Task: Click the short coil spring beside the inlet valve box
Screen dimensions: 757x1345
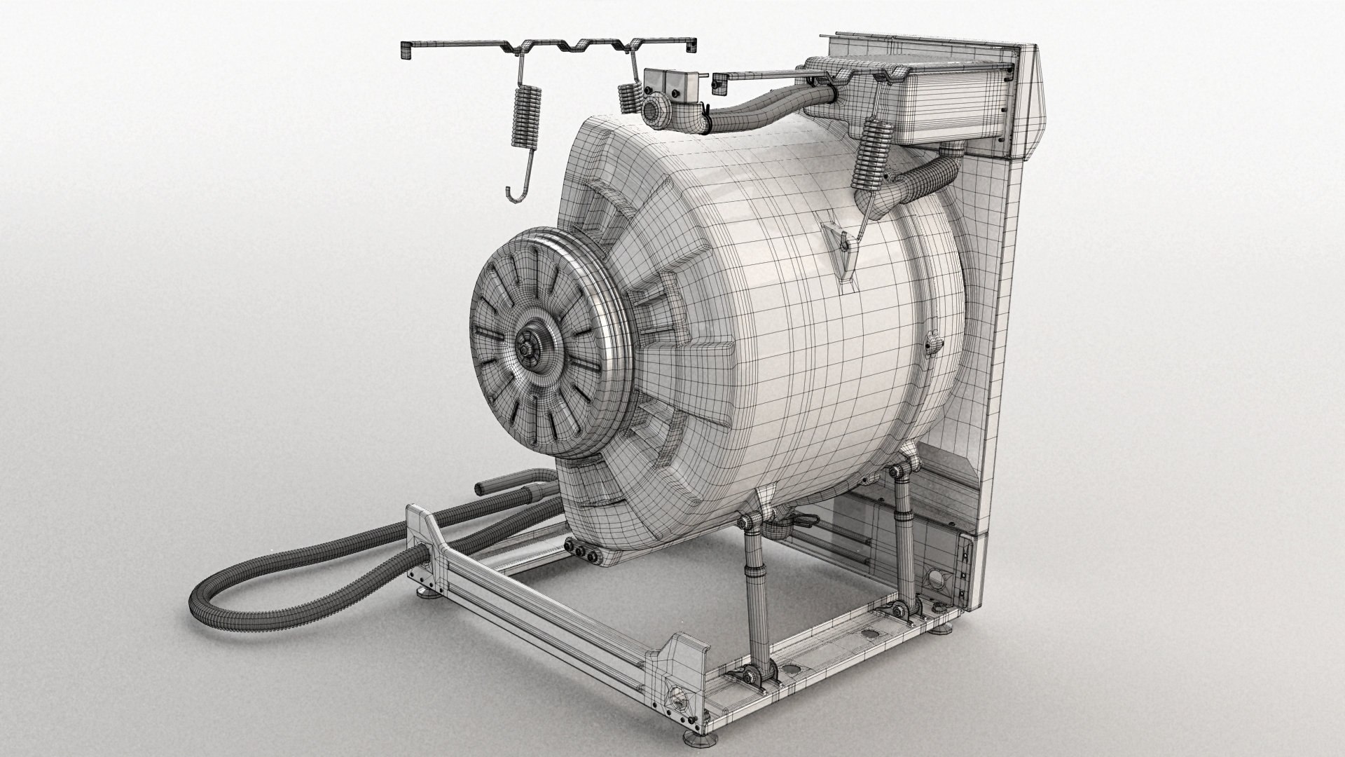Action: (628, 96)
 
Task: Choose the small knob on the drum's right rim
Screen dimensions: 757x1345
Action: (932, 343)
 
